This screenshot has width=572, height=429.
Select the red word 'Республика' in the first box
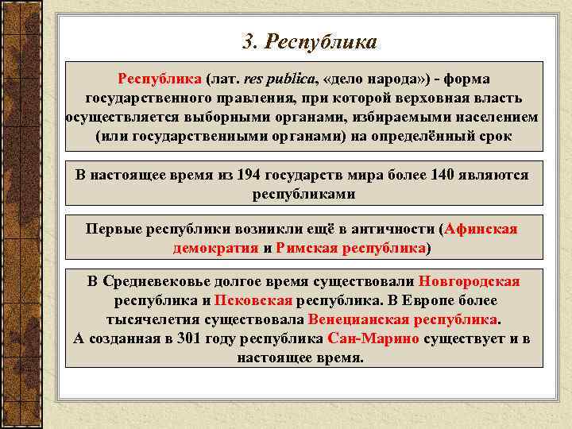pyautogui.click(x=159, y=79)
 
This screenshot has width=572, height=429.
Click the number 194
pyautogui.click(x=249, y=175)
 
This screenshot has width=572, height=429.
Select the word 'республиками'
pyautogui.click(x=303, y=193)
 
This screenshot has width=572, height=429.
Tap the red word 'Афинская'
pyautogui.click(x=481, y=230)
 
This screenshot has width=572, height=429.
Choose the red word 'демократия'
pyautogui.click(x=215, y=248)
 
